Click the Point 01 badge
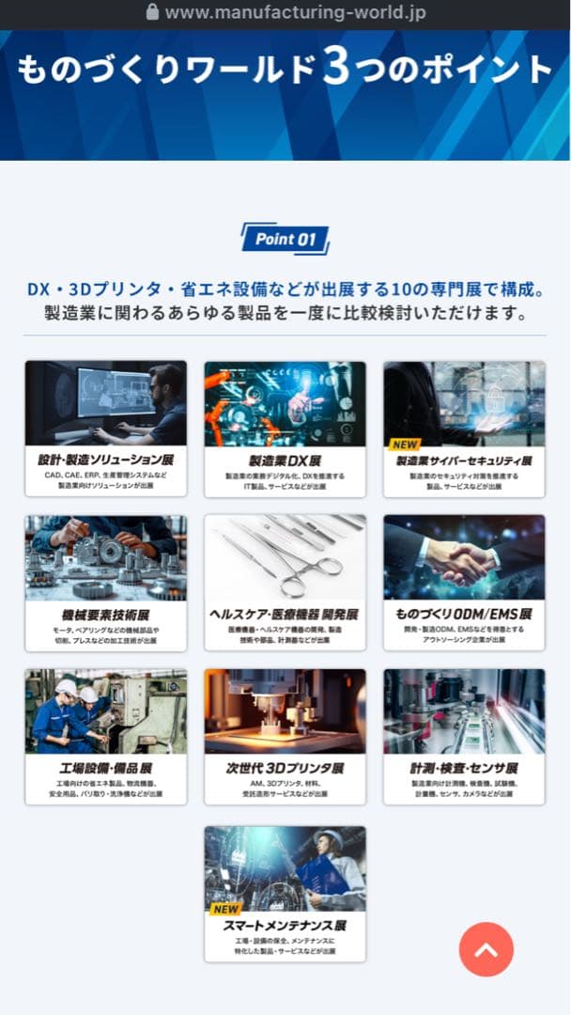click(x=285, y=239)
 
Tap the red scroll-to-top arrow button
click(x=486, y=949)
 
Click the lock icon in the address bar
click(x=153, y=12)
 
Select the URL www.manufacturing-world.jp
click(x=295, y=12)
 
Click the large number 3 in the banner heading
click(x=336, y=70)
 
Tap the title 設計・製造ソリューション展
click(x=105, y=461)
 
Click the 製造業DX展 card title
click(x=285, y=461)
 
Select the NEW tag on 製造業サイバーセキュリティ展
click(x=406, y=445)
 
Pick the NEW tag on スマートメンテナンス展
click(x=226, y=909)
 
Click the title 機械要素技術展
click(x=105, y=614)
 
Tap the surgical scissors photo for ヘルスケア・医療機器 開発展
click(x=285, y=556)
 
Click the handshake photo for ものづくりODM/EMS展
click(x=464, y=556)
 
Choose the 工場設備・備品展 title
click(x=105, y=768)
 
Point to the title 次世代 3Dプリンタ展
click(x=285, y=768)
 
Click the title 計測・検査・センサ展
click(x=464, y=768)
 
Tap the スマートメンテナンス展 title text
click(x=285, y=925)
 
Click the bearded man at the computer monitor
click(x=165, y=399)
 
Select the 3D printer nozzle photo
click(x=285, y=710)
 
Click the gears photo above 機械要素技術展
click(x=105, y=556)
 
